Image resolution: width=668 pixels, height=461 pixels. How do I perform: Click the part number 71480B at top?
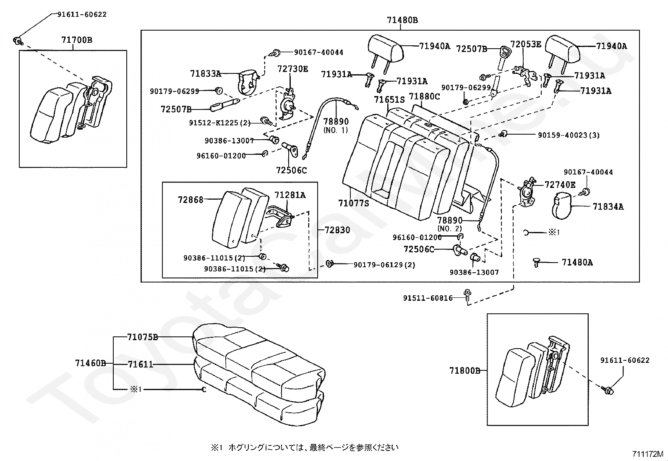(402, 20)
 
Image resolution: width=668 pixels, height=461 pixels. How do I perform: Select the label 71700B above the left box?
(77, 40)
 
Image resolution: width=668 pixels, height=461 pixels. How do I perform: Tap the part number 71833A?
(205, 74)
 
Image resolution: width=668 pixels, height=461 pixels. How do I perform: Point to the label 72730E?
(292, 69)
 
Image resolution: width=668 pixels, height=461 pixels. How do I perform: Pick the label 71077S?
(353, 203)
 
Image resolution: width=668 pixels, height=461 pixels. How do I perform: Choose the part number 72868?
(190, 200)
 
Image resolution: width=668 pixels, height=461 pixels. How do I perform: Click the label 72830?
(337, 230)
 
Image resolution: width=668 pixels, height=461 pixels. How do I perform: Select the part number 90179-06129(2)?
(384, 265)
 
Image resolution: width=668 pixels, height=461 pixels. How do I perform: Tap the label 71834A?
(608, 206)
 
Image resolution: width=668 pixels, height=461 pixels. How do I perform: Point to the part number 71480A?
(577, 263)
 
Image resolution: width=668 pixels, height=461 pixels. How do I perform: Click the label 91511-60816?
(428, 298)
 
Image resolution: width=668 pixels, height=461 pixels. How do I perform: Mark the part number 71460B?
(90, 363)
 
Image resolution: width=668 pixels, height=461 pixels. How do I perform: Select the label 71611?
(141, 365)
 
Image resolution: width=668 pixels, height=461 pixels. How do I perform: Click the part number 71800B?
(464, 371)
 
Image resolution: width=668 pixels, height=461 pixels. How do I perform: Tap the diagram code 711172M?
(648, 454)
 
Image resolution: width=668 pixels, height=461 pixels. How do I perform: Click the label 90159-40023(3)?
(569, 135)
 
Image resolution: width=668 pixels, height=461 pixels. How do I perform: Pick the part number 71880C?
(424, 97)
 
